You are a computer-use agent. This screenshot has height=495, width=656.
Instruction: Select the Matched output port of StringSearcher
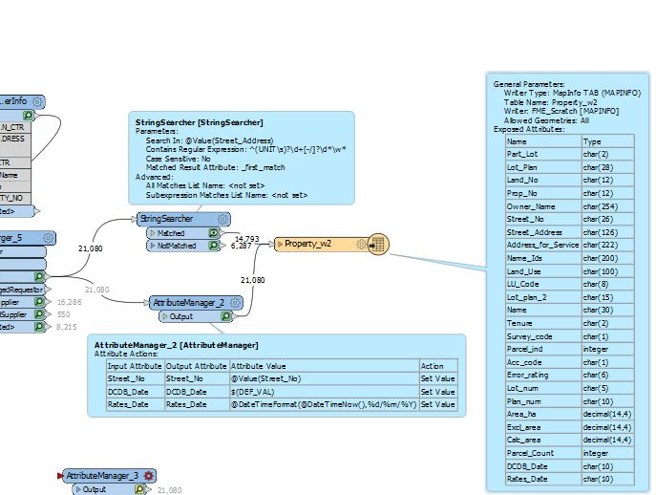(x=178, y=232)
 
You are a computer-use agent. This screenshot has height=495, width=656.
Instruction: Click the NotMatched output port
(x=178, y=246)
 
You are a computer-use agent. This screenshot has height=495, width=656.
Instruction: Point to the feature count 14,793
(x=246, y=238)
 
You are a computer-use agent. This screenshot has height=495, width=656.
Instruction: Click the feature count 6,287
(x=242, y=246)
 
